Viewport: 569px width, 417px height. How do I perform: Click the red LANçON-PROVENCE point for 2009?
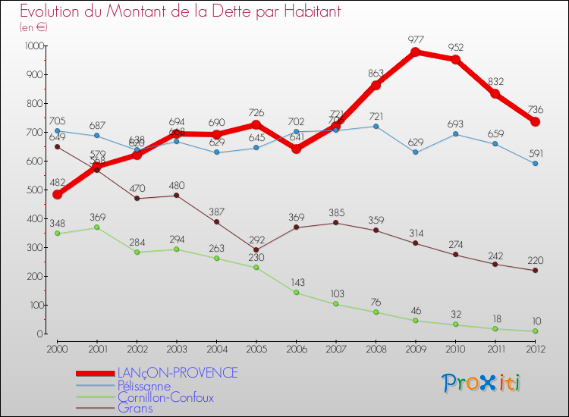click(x=416, y=52)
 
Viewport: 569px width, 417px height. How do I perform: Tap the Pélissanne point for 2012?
click(x=535, y=163)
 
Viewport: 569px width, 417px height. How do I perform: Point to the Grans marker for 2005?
click(x=256, y=249)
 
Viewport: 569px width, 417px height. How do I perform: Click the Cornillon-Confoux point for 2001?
click(x=96, y=227)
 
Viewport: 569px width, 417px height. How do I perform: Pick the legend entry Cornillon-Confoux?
click(x=165, y=397)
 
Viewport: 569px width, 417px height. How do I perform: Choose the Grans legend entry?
click(x=135, y=409)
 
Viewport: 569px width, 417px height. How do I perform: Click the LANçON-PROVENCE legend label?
click(x=177, y=373)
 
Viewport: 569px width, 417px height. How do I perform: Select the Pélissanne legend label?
click(x=144, y=385)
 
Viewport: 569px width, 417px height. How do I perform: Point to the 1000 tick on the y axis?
click(x=33, y=45)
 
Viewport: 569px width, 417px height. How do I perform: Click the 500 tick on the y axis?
click(x=35, y=190)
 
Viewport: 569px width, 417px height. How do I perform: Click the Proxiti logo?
click(x=481, y=383)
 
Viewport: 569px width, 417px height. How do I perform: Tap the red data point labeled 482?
click(x=57, y=194)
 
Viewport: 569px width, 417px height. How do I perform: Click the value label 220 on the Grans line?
click(x=536, y=259)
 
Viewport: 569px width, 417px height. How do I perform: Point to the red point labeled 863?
click(x=376, y=85)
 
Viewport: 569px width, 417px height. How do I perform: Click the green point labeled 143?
click(x=296, y=293)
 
